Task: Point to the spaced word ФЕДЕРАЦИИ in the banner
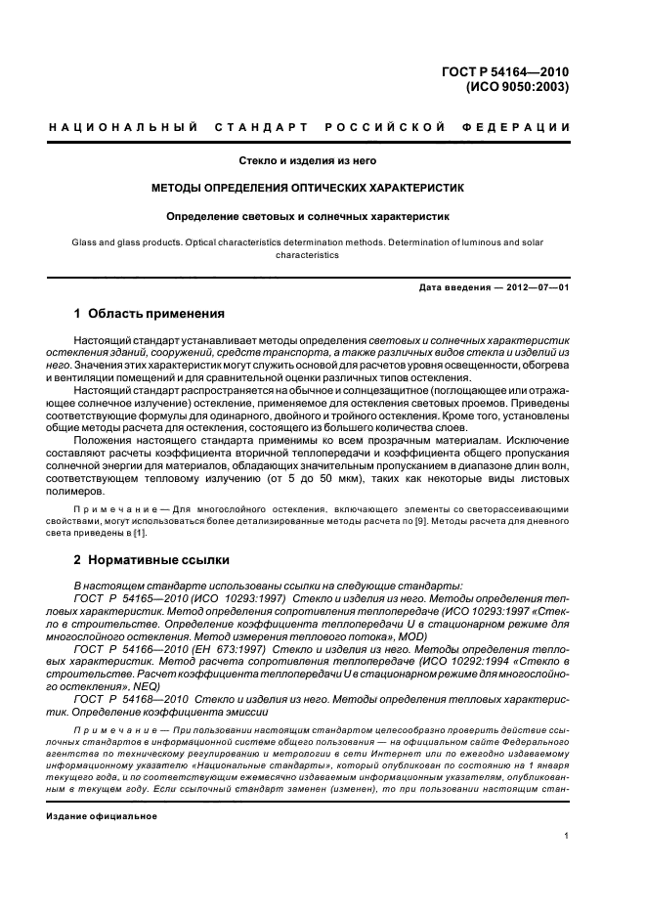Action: click(525, 127)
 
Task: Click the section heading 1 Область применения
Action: click(150, 315)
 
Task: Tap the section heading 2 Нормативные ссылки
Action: click(151, 560)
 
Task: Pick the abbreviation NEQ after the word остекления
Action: click(153, 688)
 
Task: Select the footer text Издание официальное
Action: click(102, 815)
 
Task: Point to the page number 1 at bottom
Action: click(566, 835)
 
